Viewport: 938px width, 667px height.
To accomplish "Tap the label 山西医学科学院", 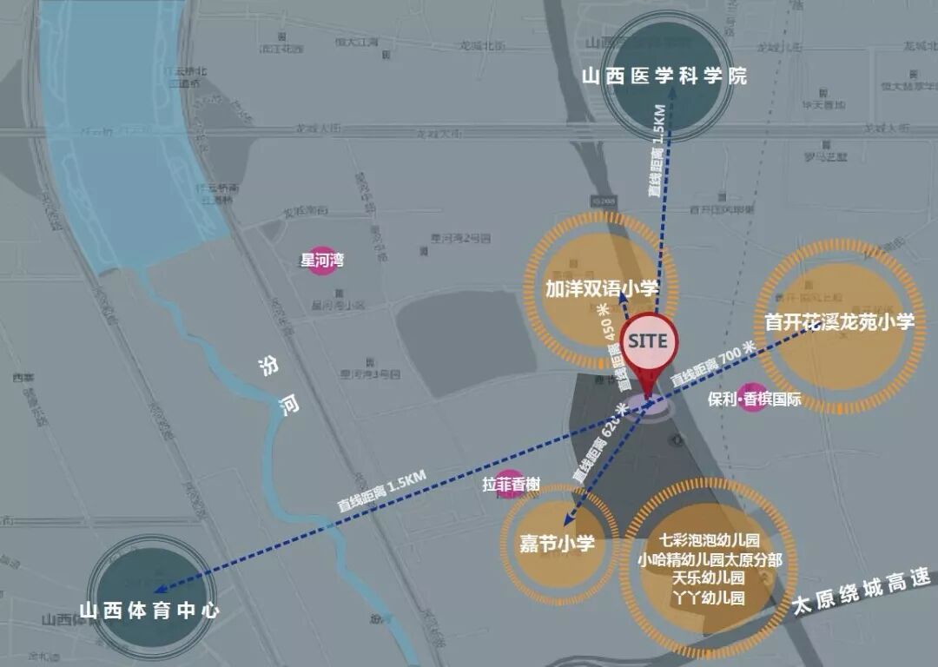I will (664, 76).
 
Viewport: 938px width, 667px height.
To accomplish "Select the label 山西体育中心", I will (149, 611).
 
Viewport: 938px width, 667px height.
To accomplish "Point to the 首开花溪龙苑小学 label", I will (840, 322).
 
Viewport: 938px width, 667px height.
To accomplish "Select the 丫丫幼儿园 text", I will (710, 598).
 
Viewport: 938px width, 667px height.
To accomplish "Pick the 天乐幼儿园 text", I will (710, 578).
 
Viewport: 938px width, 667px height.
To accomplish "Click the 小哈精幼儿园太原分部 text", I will (710, 559).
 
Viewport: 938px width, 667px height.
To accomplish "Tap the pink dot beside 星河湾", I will (325, 260).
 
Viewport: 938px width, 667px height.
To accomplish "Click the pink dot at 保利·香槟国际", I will (753, 398).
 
